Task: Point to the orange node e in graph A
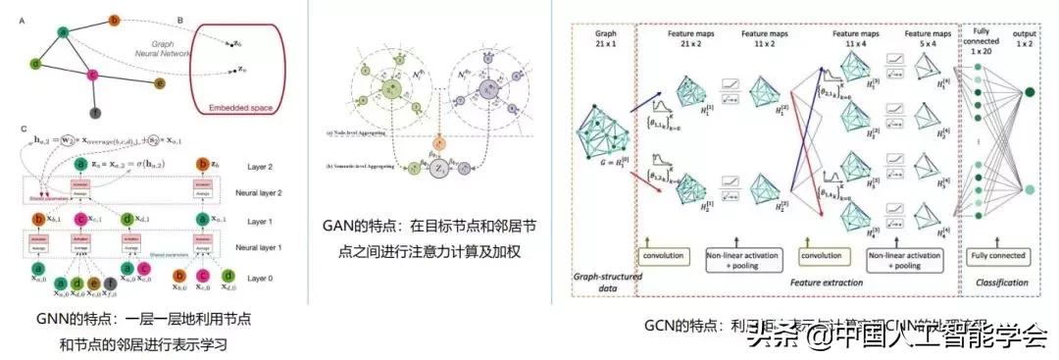[161, 83]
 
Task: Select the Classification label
[996, 283]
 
